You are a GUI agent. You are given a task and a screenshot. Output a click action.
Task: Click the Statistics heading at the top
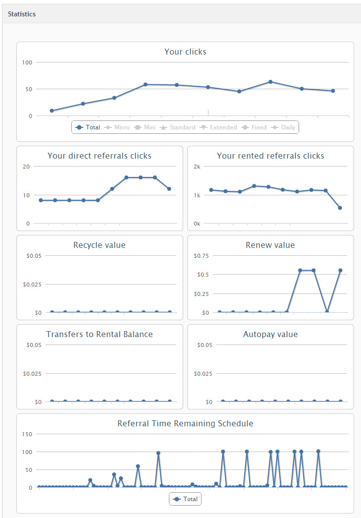coord(22,14)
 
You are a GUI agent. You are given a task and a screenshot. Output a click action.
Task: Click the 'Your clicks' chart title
coord(185,52)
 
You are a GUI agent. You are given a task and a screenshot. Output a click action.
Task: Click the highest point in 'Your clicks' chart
coord(270,81)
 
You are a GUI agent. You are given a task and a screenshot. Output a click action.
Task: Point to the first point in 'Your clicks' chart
coord(52,111)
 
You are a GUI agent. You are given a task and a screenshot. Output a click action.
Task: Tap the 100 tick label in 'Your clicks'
coord(27,62)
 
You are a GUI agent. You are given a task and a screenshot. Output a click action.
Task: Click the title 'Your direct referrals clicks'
coord(100,156)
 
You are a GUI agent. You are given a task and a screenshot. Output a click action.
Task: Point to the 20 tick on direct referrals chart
coord(26,167)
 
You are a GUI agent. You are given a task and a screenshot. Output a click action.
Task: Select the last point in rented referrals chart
coord(340,208)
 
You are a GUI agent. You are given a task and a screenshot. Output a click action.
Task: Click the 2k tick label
coord(197,167)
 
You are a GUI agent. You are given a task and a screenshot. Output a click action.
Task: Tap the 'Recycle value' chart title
coord(100,245)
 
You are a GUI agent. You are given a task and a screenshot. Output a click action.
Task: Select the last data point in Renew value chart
coord(340,270)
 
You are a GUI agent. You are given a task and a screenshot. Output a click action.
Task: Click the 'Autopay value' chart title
coord(270,334)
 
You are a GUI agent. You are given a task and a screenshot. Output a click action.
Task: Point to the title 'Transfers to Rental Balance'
coord(100,334)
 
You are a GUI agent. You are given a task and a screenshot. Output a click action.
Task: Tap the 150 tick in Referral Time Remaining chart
coord(27,434)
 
